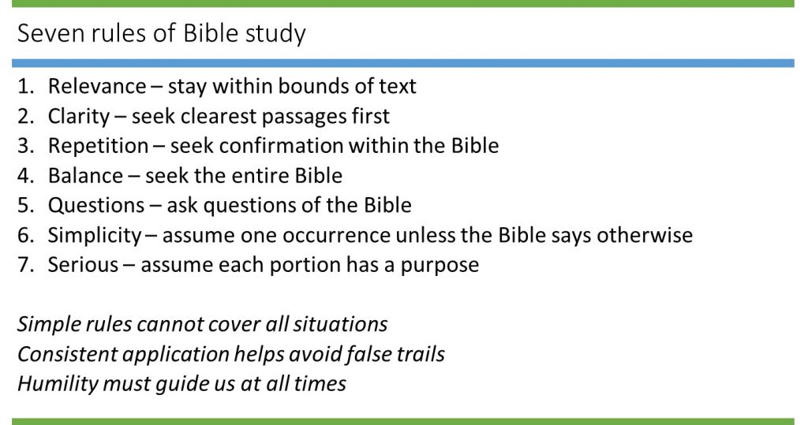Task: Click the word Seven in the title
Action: tap(50, 33)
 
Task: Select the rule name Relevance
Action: tap(97, 86)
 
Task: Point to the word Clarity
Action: tap(79, 117)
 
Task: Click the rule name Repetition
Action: tap(99, 147)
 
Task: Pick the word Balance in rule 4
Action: tap(85, 176)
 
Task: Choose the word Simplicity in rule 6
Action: tap(95, 236)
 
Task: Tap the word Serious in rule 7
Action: tap(83, 265)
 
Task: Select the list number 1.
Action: tap(23, 87)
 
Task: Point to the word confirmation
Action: tap(282, 146)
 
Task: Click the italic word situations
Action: tap(340, 325)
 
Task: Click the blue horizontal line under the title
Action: tap(403, 63)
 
